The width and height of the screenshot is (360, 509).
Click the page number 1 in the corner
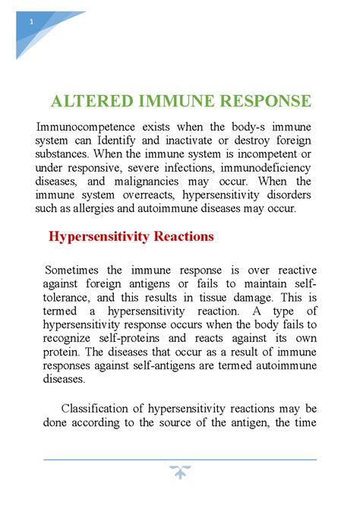click(x=32, y=22)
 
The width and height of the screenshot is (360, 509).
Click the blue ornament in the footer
click(x=181, y=473)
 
